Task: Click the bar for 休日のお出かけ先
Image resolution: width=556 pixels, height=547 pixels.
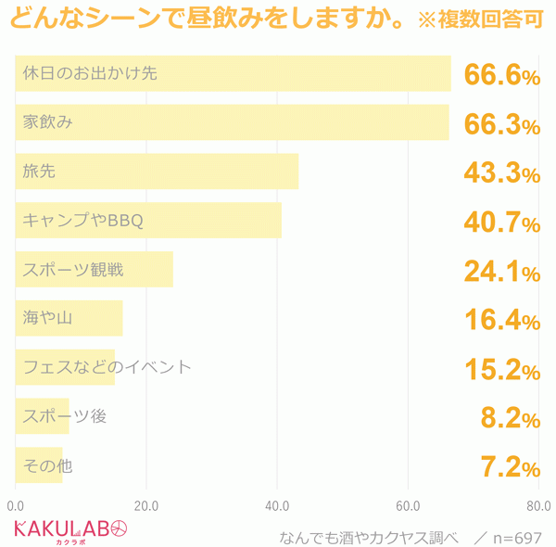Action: (x=233, y=74)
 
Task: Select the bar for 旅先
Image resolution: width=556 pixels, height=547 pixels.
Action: (x=157, y=172)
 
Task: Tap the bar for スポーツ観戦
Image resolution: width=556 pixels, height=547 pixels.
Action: (x=94, y=270)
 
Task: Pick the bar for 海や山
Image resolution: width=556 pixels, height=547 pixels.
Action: (x=69, y=318)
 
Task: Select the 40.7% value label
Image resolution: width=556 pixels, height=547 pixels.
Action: (x=501, y=223)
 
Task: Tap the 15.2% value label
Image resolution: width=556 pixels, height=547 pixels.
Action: (x=501, y=370)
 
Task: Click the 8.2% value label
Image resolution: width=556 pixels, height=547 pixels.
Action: (x=510, y=419)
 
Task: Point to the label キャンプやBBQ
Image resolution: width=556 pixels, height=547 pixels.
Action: (x=82, y=221)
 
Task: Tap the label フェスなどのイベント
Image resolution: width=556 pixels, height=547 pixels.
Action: (x=107, y=367)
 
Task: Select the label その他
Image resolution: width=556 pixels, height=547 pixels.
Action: (x=47, y=465)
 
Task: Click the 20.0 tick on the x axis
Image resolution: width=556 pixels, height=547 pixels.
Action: (x=146, y=506)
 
